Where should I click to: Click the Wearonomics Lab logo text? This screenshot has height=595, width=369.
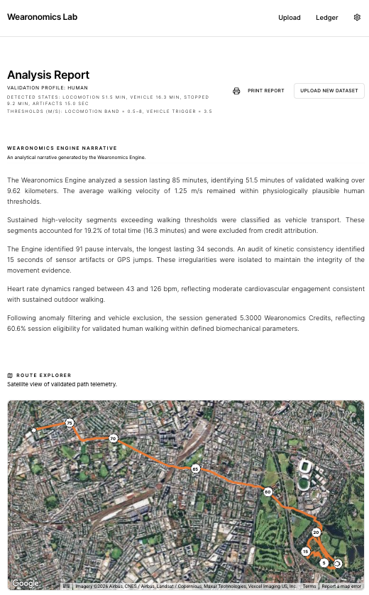click(43, 17)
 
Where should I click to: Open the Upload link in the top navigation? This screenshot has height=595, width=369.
click(290, 18)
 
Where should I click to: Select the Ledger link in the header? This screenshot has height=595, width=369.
click(327, 18)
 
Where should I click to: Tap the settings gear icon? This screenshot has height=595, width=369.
click(357, 18)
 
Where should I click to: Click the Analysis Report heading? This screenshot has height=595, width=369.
click(48, 75)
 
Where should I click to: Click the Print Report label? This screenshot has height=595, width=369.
click(266, 91)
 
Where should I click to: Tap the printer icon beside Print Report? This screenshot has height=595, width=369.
click(236, 91)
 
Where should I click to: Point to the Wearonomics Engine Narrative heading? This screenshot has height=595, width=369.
click(62, 148)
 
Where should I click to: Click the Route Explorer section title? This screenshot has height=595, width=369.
click(44, 376)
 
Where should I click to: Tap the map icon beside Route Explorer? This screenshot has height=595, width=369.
click(10, 376)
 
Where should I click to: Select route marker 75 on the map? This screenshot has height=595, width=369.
click(70, 423)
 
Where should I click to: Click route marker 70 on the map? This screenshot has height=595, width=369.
click(113, 439)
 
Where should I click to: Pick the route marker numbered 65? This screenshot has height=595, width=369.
click(195, 469)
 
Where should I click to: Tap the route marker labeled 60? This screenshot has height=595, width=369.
click(268, 492)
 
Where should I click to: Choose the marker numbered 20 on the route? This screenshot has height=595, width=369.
click(316, 533)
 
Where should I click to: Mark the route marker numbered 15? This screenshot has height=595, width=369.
click(305, 551)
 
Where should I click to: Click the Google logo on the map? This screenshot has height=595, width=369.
click(26, 584)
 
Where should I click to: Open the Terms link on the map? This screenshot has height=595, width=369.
click(309, 586)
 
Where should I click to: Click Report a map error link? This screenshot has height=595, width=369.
click(341, 586)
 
